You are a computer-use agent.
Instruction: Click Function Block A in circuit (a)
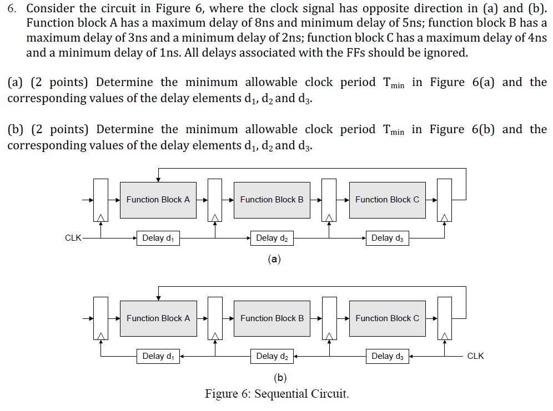click(158, 200)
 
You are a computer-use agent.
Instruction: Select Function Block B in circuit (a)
click(272, 200)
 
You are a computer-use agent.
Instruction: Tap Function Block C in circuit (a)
click(387, 200)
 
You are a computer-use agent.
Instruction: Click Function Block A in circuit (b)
click(158, 318)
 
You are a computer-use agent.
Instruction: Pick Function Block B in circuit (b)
click(272, 318)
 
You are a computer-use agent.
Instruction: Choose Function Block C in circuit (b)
click(387, 318)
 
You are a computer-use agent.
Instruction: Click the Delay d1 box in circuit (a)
click(158, 238)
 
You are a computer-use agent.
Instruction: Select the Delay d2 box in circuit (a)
click(272, 238)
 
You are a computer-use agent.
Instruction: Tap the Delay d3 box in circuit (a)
click(387, 238)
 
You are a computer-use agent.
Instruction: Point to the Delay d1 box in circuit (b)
click(158, 356)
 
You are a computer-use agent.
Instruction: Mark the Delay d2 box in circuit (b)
click(272, 356)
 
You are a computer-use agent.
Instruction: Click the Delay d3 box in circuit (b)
click(387, 356)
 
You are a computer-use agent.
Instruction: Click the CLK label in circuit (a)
click(73, 238)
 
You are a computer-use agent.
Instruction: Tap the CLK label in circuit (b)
click(475, 356)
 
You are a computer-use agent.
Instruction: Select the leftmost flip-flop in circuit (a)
click(100, 200)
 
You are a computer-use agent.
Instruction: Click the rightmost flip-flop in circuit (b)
click(444, 318)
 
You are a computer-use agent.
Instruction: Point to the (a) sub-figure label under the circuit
click(274, 259)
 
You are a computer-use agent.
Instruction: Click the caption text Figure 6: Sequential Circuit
click(276, 394)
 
